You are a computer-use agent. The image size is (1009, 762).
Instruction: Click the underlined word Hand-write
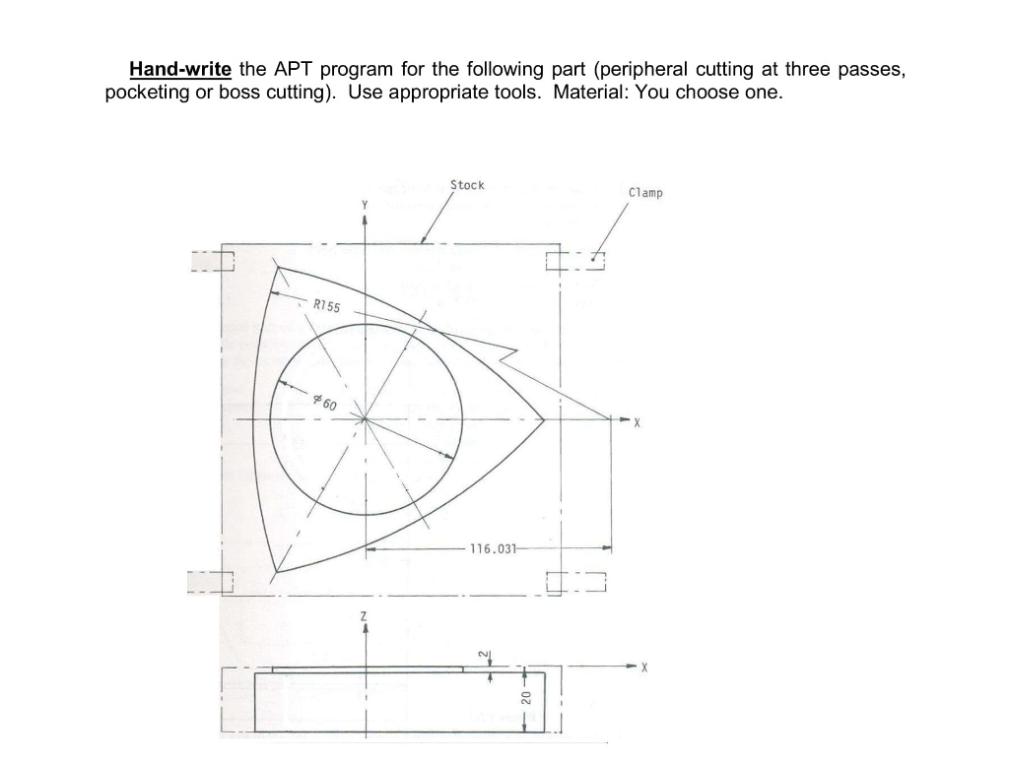tap(180, 70)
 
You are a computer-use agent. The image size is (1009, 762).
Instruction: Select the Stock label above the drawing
tap(467, 185)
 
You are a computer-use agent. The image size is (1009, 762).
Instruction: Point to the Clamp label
tap(645, 193)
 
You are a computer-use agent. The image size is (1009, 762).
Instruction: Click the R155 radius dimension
tap(326, 306)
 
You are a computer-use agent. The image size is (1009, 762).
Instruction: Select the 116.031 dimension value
tap(492, 548)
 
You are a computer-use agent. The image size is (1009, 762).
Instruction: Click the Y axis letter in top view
tap(365, 203)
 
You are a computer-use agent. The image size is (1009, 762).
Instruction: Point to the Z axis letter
tap(365, 615)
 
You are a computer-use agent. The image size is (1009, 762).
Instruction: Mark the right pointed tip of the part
tap(544, 420)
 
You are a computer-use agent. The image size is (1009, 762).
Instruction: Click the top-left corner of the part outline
tap(279, 266)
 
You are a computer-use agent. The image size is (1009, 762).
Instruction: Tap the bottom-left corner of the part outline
tap(277, 571)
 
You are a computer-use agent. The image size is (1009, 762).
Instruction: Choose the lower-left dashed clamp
tap(211, 583)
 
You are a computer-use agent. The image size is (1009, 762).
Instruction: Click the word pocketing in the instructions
tap(143, 94)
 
